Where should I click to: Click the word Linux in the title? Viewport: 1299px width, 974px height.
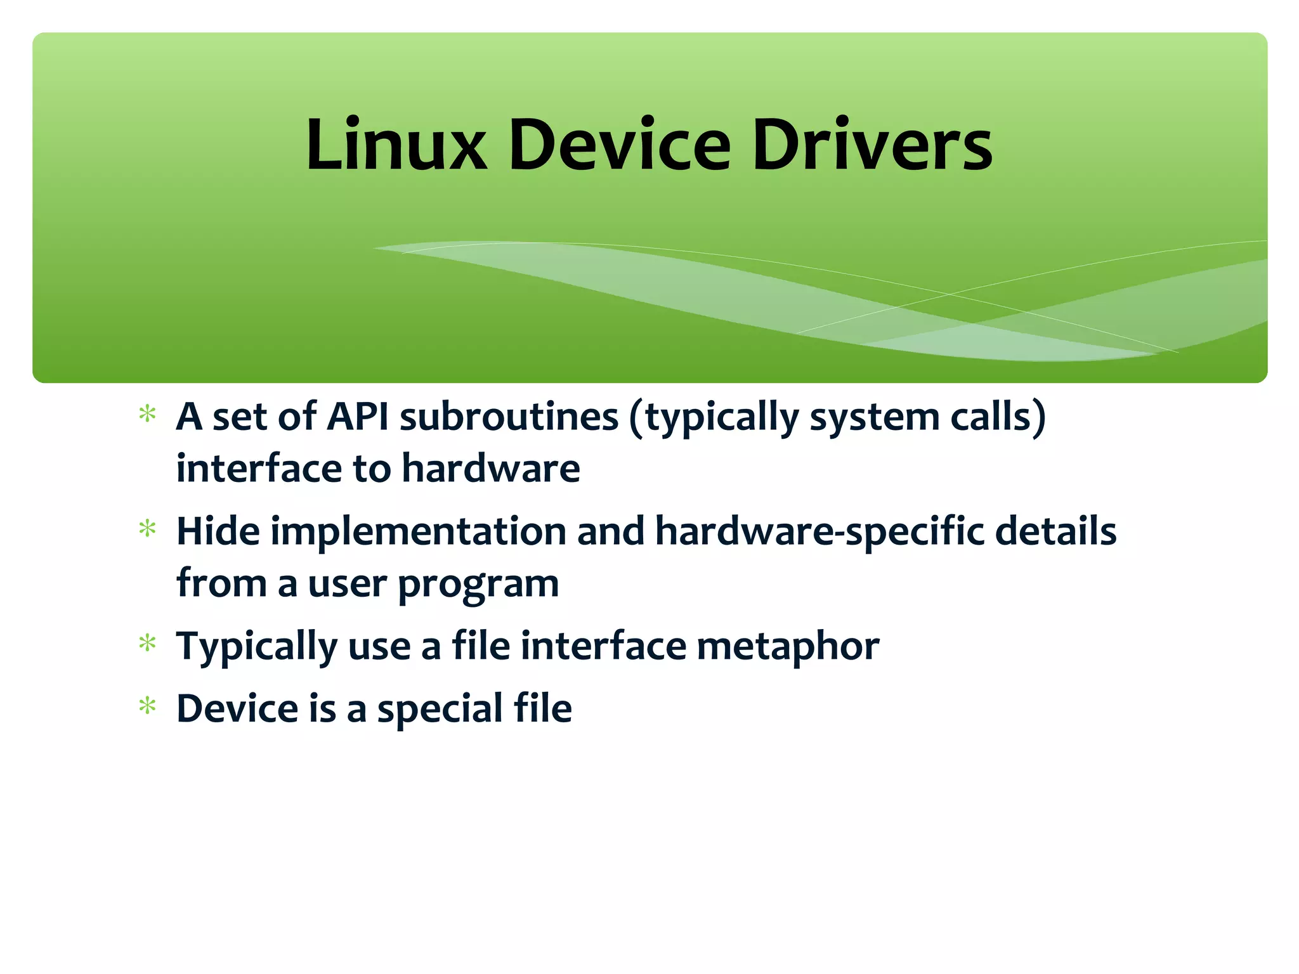[396, 145]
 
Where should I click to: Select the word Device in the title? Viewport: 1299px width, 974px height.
[620, 145]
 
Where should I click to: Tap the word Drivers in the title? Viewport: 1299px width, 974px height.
[872, 145]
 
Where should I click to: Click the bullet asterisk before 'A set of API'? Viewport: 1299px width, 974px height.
[148, 415]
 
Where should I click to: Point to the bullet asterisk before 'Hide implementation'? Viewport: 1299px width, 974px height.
[148, 529]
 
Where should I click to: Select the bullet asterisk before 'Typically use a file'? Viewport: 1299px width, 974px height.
[148, 644]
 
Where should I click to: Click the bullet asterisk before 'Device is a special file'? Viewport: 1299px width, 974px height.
[148, 706]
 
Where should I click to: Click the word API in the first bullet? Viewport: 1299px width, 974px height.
[357, 417]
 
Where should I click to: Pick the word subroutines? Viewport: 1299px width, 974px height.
[509, 417]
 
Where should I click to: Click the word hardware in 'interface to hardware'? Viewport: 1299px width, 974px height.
[491, 469]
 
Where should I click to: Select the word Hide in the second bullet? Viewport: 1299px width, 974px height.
[218, 531]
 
